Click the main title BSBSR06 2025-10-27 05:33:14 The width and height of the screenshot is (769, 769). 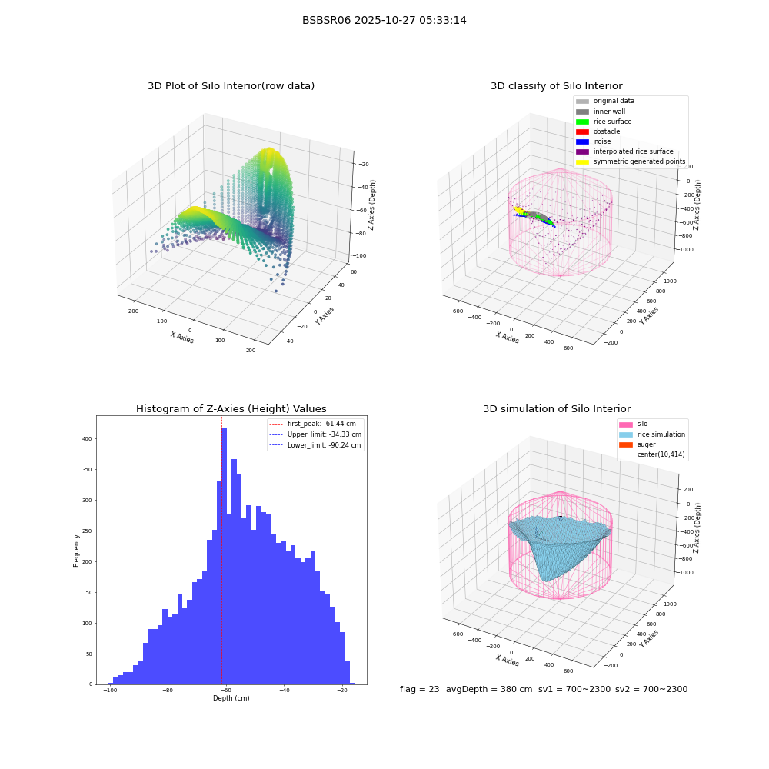pos(384,20)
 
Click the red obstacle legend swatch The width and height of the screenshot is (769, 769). pos(582,131)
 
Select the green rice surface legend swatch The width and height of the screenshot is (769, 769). pos(582,122)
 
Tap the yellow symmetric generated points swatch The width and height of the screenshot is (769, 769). pos(582,161)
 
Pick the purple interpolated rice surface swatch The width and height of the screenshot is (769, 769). pos(582,151)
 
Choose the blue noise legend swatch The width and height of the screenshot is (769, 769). pos(582,141)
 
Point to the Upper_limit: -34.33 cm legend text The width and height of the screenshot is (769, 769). pos(325,434)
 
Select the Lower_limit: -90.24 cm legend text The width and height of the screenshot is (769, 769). pos(325,445)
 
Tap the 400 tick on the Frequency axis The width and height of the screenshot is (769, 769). pos(87,439)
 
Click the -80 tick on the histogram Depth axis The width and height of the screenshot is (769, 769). pos(168,691)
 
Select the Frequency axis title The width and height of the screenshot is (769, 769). pos(76,551)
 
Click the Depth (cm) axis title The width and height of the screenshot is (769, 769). pos(231,698)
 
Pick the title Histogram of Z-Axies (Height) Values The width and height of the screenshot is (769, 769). pos(231,409)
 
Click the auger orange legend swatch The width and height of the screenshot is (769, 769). pos(626,444)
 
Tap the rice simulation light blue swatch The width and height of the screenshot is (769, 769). pos(626,434)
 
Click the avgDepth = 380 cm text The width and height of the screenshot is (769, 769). pos(489,689)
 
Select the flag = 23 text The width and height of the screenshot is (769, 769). pos(419,689)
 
